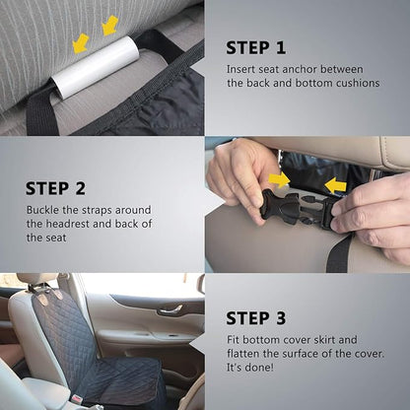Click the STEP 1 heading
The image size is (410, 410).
[255, 47]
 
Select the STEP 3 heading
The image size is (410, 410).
[256, 317]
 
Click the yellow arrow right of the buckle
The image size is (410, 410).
[335, 185]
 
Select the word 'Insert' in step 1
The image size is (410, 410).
[244, 68]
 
